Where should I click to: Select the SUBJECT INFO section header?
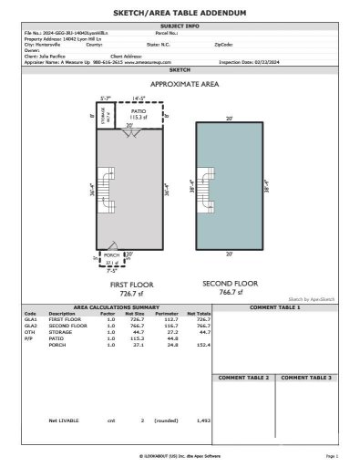tap(180, 26)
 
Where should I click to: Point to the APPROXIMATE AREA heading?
tap(180, 82)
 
